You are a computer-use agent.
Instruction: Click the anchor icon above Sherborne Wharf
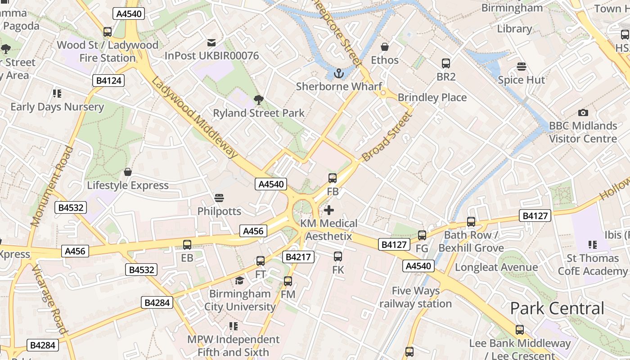338,73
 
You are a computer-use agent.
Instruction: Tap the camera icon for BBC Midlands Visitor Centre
583,112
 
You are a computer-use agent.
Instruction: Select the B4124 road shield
108,81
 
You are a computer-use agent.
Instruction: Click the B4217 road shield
298,257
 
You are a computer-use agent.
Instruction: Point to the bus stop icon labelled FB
333,178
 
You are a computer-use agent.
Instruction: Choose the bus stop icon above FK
338,256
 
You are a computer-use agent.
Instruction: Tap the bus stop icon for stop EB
187,245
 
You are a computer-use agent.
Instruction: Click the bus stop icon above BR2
446,63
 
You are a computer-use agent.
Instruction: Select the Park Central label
557,309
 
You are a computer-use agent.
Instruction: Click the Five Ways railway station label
415,297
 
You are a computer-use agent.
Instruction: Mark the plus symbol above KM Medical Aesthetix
329,210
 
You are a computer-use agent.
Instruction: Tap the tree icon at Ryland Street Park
259,99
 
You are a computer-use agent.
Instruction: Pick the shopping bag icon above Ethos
385,47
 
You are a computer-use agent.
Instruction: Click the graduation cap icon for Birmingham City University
239,281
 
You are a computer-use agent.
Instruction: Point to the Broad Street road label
387,137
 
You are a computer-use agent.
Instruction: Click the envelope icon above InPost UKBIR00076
211,43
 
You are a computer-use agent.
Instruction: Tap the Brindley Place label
432,98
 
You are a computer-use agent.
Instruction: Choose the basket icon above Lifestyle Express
128,172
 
